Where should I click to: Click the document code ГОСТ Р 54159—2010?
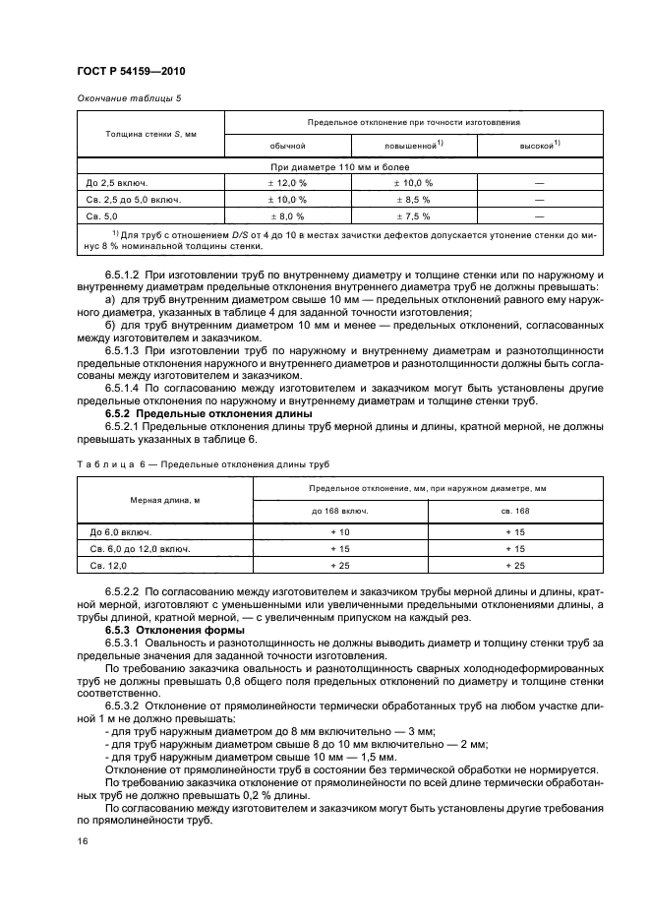(130, 72)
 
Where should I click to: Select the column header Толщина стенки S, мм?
(150, 133)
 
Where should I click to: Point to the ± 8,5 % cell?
(414, 199)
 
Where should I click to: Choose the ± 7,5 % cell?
(414, 215)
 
